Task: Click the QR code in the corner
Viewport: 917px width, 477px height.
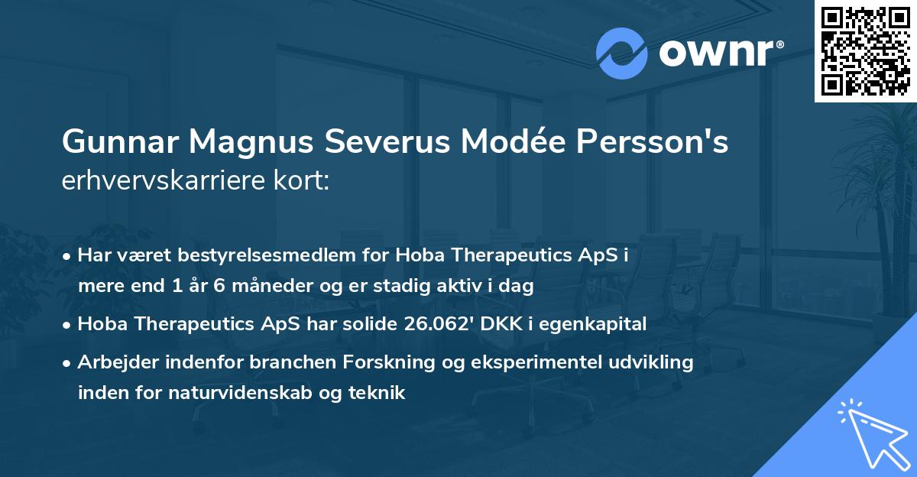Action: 865,51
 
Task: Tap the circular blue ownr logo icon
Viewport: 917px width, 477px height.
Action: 622,52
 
